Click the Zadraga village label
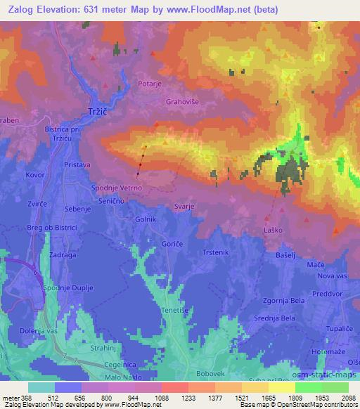63,257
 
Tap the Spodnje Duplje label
70,289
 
